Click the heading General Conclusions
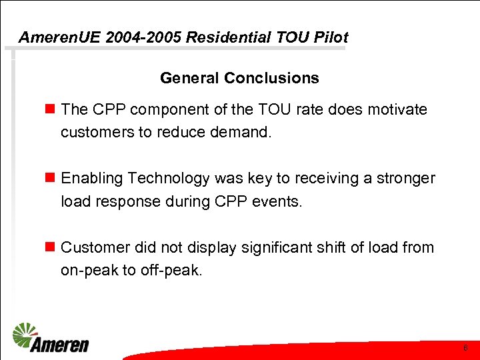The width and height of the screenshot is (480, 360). coord(239,78)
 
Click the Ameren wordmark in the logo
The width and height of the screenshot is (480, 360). coord(59,344)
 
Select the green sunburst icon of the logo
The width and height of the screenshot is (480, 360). coord(25,333)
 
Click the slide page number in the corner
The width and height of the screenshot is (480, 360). coord(465,349)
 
